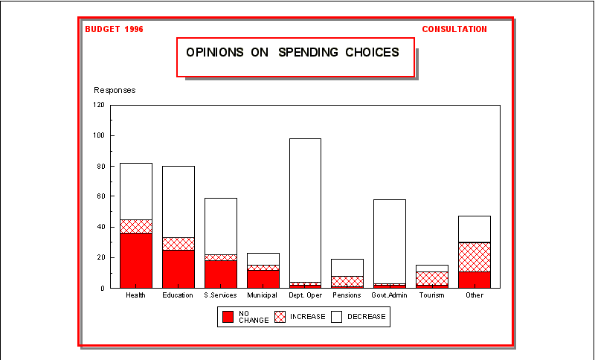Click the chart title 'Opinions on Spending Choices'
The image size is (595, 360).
292,53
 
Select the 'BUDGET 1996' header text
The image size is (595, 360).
114,29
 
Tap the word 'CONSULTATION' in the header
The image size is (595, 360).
454,29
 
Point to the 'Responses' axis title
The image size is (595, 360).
115,90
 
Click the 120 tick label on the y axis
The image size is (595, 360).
99,105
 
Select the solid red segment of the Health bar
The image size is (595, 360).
136,260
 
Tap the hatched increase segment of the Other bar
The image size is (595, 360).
475,257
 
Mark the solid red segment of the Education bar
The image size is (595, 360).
178,269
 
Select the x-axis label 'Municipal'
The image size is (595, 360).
263,295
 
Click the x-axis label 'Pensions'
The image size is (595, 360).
347,295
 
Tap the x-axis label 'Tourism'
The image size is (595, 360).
432,295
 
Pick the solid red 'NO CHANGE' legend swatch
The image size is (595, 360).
228,317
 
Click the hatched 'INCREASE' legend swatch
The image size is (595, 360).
280,317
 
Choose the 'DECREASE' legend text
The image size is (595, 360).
367,317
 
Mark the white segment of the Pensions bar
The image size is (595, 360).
347,267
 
